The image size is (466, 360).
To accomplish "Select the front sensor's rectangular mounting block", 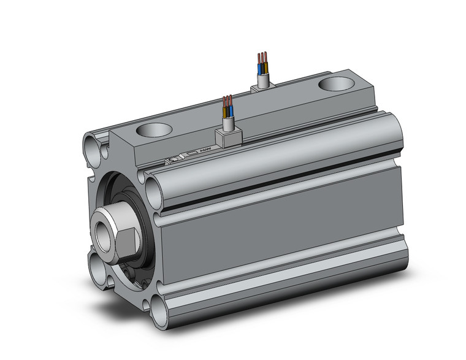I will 227,138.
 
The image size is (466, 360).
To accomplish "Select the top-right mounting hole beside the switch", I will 153,183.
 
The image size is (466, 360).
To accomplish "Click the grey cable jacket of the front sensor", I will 227,124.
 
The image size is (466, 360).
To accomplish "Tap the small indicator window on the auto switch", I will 192,153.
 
